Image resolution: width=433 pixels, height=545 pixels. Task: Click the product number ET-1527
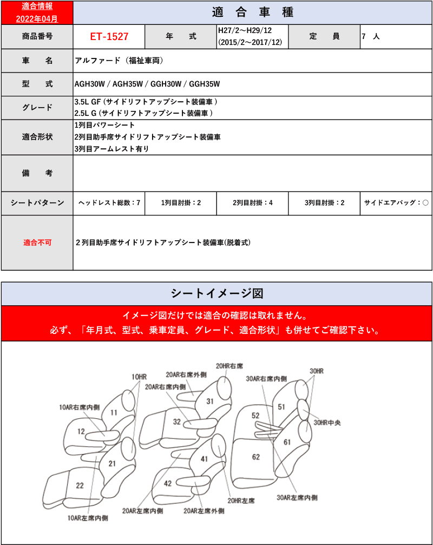coord(109,36)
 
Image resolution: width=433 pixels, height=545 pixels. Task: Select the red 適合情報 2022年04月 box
coord(36,12)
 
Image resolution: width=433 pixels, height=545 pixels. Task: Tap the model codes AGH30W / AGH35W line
coord(147,84)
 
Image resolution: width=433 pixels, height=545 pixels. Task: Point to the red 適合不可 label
coord(37,242)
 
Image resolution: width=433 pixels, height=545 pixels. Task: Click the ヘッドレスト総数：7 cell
coord(109,202)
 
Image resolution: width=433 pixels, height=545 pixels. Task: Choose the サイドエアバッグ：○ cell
coord(396,202)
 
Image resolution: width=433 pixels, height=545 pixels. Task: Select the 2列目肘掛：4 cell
coord(252,202)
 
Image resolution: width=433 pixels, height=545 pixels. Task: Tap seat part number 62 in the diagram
coord(255,457)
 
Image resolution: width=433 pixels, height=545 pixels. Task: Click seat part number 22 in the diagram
coord(80,485)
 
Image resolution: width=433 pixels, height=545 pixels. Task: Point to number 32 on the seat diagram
coord(177,422)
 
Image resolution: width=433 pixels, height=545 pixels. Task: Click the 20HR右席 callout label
coord(229,366)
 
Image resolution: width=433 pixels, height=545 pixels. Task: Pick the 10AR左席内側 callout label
coord(88,518)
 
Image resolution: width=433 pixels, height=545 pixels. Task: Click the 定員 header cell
coord(324,36)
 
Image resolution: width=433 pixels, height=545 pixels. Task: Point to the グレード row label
coord(37,107)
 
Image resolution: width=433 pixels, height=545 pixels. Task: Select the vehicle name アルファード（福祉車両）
coord(119,61)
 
